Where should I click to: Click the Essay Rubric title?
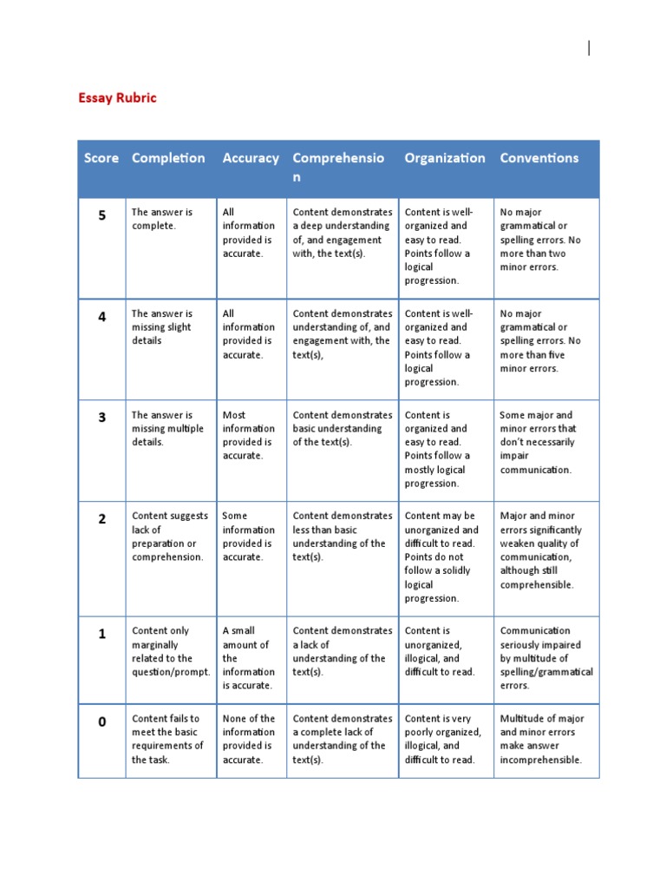coord(118,98)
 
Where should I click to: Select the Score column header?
coord(101,158)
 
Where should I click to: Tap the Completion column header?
coord(168,158)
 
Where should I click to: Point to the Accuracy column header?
coord(251,158)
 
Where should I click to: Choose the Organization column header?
coord(445,158)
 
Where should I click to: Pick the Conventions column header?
coord(539,158)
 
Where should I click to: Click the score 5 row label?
coord(102,215)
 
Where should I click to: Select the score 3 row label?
coord(102,418)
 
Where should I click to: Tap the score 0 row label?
coord(102,722)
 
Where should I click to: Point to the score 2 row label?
coord(102,519)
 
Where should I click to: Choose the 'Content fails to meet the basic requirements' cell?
coord(168,739)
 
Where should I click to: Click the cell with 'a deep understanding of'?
coord(342,233)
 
